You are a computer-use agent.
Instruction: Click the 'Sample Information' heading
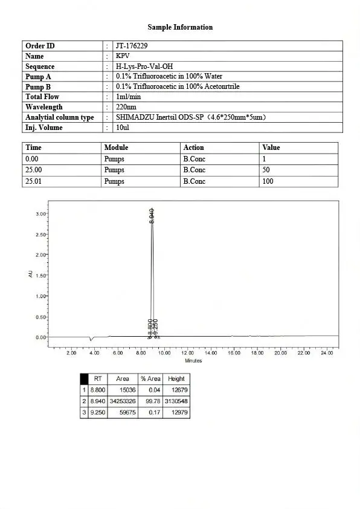point(180,27)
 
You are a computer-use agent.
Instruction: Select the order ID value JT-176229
point(132,46)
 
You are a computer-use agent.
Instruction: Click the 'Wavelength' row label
point(44,107)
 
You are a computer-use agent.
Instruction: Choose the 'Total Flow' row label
point(42,97)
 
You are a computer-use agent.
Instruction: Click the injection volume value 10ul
point(122,128)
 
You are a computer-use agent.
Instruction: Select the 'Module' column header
point(117,148)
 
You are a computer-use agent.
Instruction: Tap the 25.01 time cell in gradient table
point(34,181)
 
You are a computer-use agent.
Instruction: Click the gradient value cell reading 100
point(268,181)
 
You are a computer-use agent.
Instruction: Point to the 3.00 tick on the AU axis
point(41,214)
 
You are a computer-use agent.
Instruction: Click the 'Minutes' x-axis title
point(193,361)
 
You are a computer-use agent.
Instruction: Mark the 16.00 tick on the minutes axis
point(234,352)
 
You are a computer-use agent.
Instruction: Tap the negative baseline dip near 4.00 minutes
point(91,340)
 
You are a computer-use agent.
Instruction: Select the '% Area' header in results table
point(150,379)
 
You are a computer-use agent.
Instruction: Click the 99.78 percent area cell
point(152,401)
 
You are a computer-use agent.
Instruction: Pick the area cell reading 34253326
point(122,401)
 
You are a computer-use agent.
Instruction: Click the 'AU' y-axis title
point(31,274)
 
